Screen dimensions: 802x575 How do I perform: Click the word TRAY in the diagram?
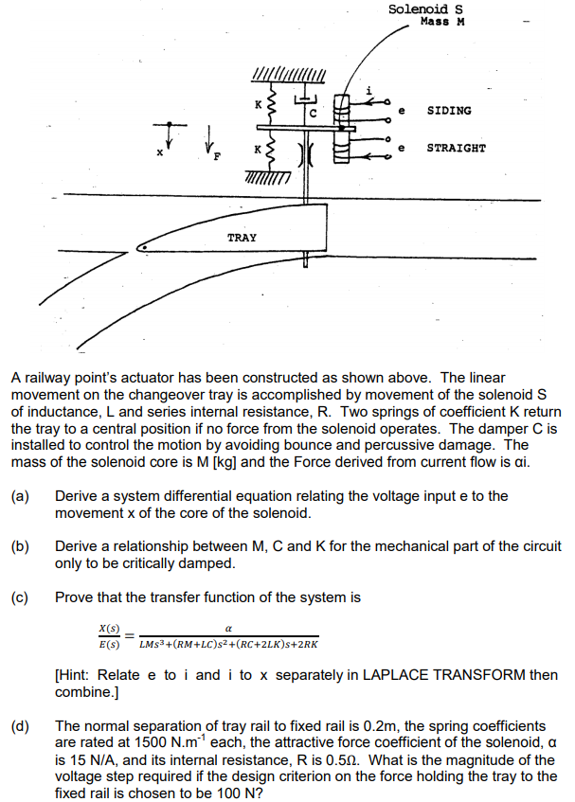[x=242, y=238]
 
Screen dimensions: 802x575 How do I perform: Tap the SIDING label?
[x=448, y=111]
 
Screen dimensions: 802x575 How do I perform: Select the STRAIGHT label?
[x=456, y=148]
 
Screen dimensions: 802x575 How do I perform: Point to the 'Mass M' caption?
[x=442, y=21]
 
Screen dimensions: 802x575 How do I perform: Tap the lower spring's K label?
[x=255, y=149]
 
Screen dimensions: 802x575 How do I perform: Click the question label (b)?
[x=20, y=546]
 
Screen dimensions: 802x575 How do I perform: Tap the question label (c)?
[x=20, y=597]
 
